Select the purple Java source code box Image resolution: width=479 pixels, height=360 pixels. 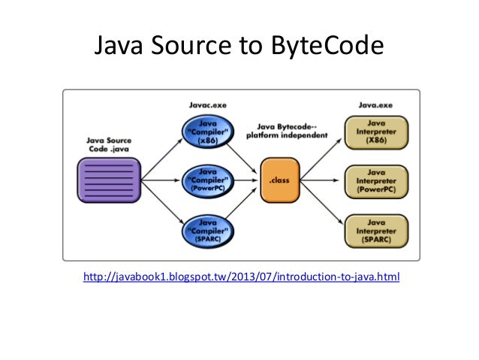[109, 180]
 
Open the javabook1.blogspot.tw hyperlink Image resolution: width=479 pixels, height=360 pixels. [242, 277]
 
